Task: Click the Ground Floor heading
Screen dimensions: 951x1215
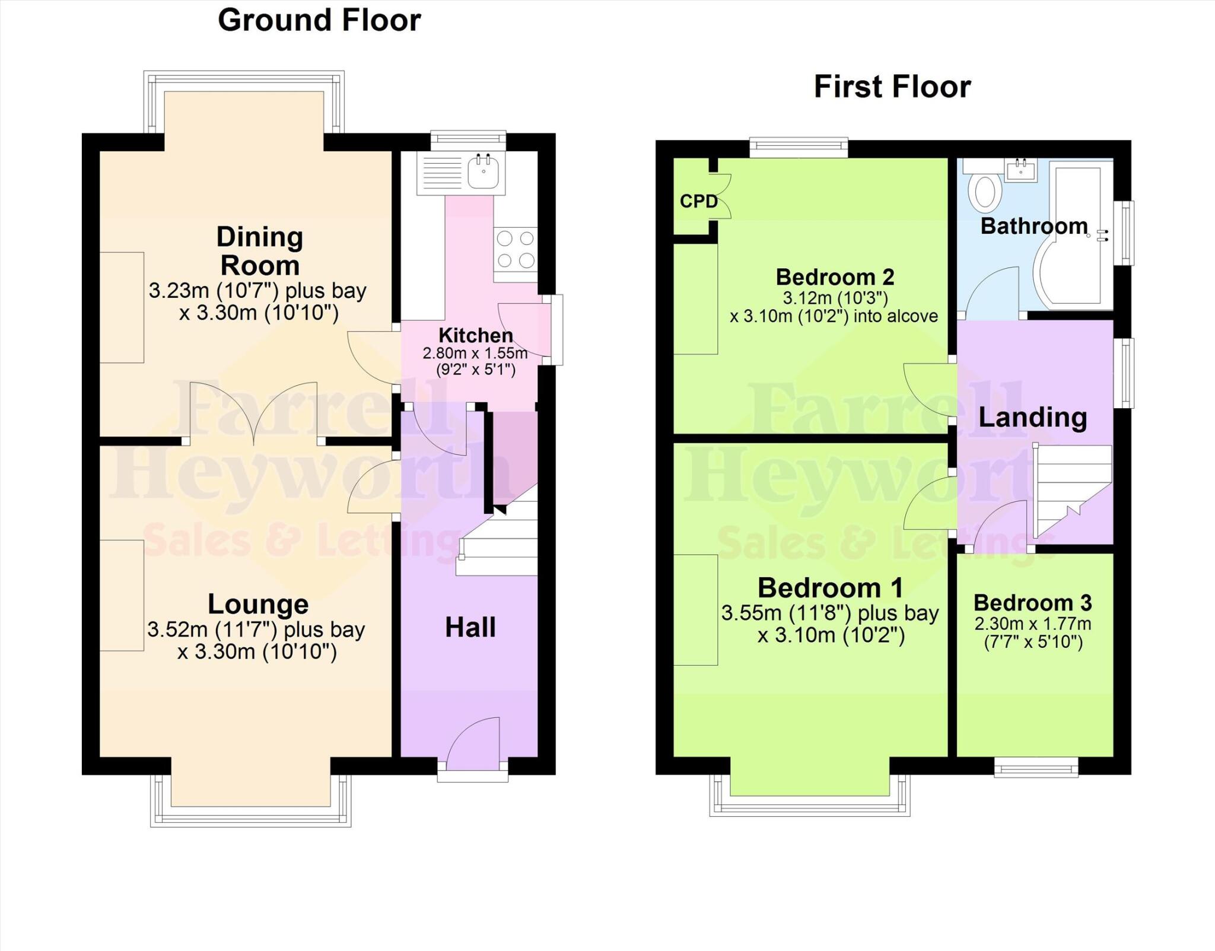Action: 319,20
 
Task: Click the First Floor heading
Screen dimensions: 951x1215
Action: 892,87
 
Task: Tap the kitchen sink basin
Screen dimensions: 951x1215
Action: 484,172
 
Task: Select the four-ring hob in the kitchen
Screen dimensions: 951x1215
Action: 515,250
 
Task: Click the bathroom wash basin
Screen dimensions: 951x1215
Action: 1021,170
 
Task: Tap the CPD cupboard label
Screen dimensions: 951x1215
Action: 698,202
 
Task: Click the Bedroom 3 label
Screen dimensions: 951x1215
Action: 1032,603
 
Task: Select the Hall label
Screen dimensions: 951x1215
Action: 470,627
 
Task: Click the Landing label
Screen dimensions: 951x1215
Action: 1032,417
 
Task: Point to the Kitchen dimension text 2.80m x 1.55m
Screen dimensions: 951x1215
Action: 475,354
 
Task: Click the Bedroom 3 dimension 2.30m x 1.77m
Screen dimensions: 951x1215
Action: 1032,624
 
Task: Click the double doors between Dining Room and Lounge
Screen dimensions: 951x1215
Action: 253,415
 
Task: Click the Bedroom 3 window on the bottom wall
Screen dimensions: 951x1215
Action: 1036,769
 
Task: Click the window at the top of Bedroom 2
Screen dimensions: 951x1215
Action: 799,147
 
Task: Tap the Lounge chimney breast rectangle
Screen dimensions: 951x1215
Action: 122,595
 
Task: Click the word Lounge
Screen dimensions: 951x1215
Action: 258,604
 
